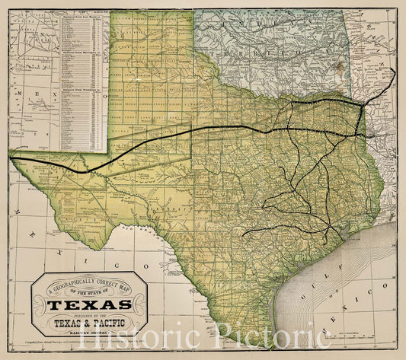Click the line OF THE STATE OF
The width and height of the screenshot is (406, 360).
[x=89, y=292]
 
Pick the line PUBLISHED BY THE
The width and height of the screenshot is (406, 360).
[x=89, y=314]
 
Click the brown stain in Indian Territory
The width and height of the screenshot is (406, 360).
[x=338, y=68]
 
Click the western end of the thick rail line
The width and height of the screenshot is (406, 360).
[x=11, y=158]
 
